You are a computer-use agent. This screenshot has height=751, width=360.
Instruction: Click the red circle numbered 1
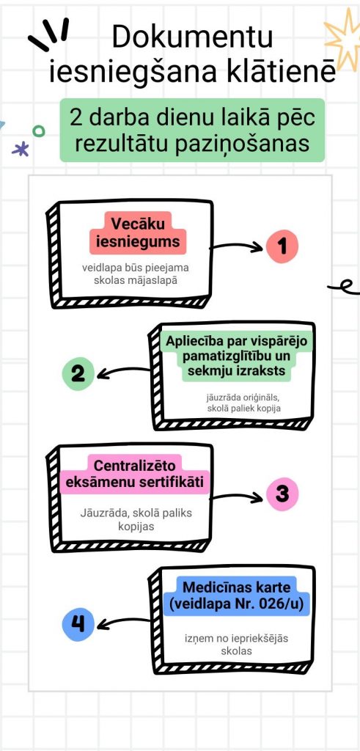pos(282,246)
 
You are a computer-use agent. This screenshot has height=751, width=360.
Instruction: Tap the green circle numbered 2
pos(78,373)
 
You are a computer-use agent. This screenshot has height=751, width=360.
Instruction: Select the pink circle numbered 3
pos(282,494)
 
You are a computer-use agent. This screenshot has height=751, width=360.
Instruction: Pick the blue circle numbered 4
pos(78,624)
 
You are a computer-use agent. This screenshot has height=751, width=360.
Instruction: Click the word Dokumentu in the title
pos(192,37)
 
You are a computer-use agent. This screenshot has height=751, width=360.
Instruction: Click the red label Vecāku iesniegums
pos(137,232)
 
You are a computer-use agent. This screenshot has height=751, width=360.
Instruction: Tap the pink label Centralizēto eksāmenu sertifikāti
pos(134,475)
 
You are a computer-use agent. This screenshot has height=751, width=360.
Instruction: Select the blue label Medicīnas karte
pos(237,596)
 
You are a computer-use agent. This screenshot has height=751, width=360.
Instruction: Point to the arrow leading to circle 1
pos(237,246)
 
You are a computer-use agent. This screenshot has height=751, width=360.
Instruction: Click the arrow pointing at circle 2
pos(123,372)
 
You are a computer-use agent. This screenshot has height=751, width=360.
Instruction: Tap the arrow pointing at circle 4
pos(123,623)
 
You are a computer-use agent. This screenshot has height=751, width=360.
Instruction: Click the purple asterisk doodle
pos(20,150)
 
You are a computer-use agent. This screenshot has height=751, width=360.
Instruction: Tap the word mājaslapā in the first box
pos(153,281)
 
